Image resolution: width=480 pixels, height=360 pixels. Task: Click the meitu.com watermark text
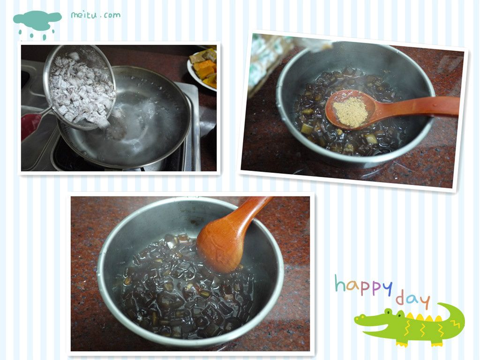click(x=96, y=15)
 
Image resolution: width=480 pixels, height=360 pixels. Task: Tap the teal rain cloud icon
click(x=37, y=24)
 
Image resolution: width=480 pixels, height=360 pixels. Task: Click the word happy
click(x=363, y=285)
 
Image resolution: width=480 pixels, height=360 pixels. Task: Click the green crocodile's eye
click(x=388, y=312)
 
